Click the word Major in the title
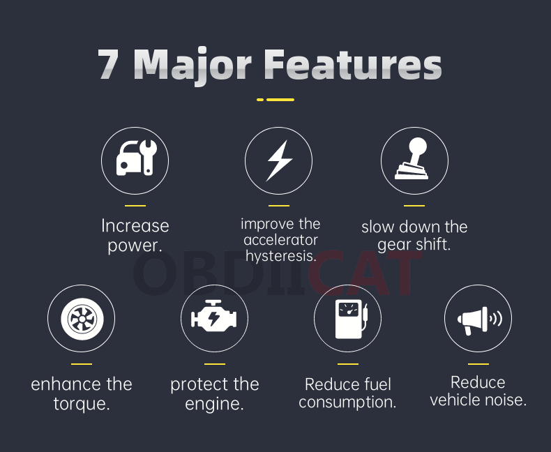(x=193, y=66)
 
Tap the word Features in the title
(x=353, y=63)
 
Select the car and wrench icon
(x=137, y=158)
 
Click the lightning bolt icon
(x=279, y=160)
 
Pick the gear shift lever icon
(x=412, y=158)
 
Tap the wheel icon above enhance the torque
(x=82, y=319)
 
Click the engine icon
(x=213, y=316)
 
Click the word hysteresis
(x=281, y=256)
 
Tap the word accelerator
(x=280, y=240)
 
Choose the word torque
(x=82, y=404)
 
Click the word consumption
(x=347, y=402)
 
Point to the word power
(x=135, y=246)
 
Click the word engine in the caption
(x=214, y=404)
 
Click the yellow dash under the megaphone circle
(x=478, y=364)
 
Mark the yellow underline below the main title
(x=275, y=100)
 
